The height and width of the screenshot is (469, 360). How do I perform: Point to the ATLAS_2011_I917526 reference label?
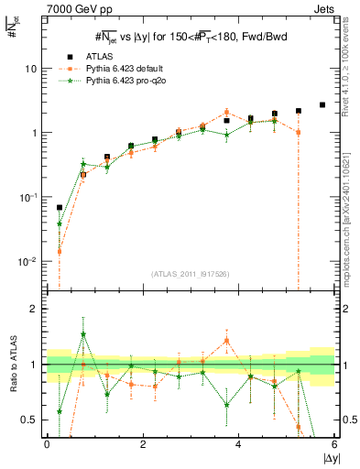tap(190, 273)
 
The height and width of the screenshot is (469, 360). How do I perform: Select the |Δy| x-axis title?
tap(327, 457)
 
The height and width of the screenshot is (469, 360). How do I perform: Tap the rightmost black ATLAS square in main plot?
tap(322, 105)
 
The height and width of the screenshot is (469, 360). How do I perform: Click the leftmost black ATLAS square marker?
tap(60, 208)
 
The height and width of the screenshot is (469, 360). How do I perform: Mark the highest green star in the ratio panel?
tap(83, 334)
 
